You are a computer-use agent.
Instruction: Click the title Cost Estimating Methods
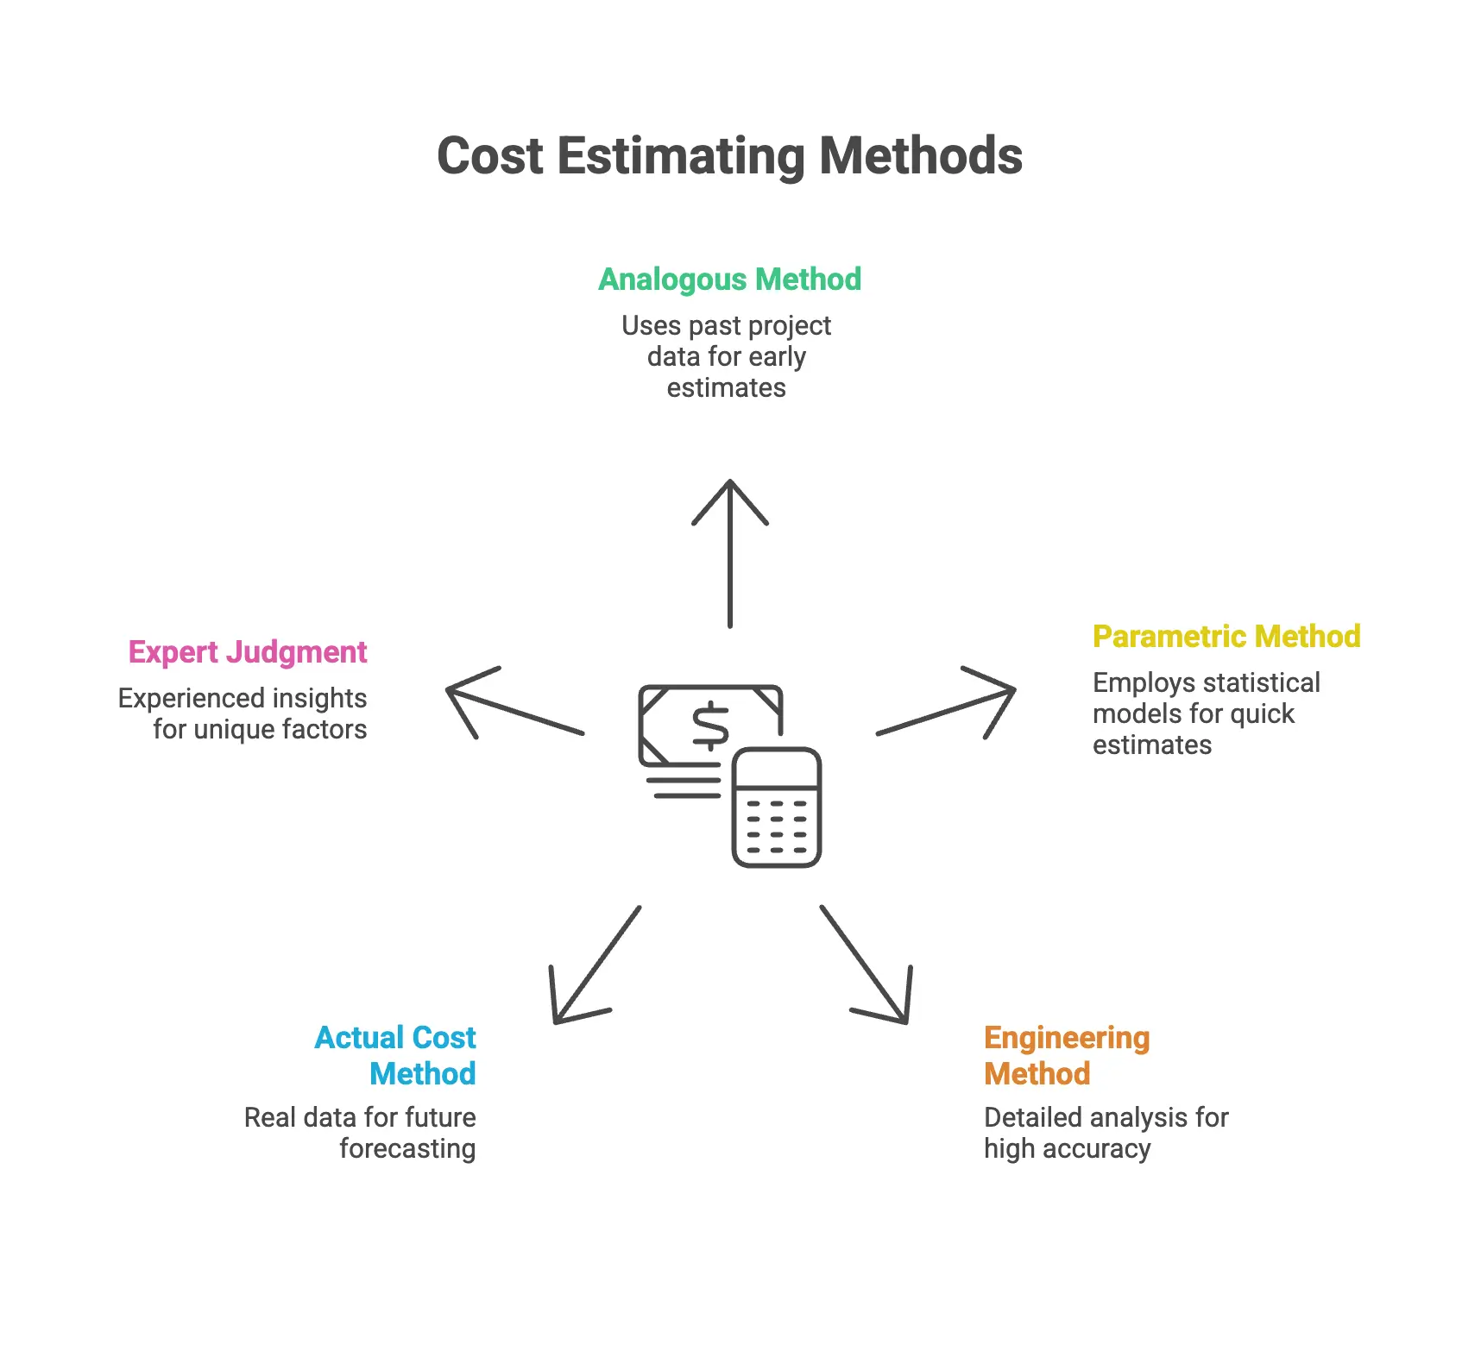[729, 156]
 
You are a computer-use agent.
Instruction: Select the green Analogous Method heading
[729, 280]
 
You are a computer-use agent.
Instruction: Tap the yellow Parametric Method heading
[1226, 637]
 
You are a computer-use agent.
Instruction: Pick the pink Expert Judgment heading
[248, 652]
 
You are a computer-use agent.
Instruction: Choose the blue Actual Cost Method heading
[395, 1055]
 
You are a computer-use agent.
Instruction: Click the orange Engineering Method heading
[1067, 1055]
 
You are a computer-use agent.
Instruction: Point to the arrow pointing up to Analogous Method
[730, 552]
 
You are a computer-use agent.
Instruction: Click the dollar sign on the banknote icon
[711, 726]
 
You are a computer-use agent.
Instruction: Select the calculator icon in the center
[777, 808]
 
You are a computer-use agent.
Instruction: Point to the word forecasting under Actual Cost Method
[407, 1149]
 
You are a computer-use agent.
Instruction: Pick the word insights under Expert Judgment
[318, 699]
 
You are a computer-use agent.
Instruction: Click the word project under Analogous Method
[788, 326]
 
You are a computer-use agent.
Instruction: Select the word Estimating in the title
[681, 156]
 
